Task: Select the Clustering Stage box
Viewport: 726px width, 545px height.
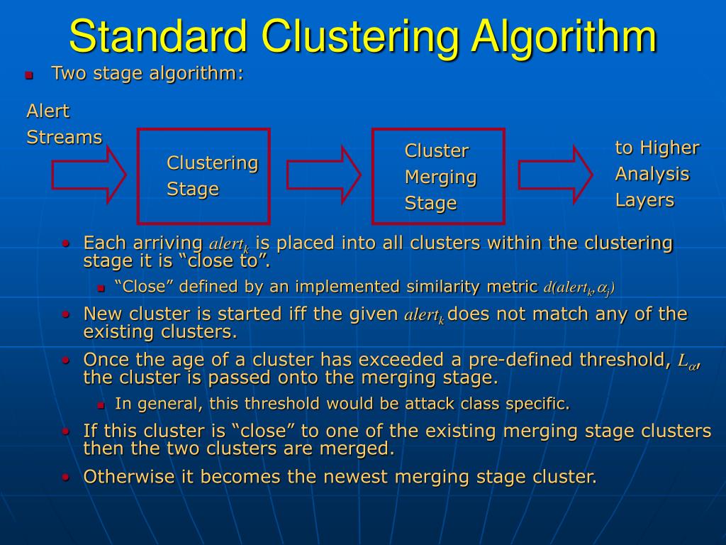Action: [203, 176]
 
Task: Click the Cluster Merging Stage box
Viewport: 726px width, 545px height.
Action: [438, 176]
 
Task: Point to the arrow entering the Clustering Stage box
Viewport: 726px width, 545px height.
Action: [89, 175]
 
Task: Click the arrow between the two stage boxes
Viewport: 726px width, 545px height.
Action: [323, 175]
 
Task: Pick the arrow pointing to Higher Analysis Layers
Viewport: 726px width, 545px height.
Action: [555, 175]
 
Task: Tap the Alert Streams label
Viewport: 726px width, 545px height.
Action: [64, 124]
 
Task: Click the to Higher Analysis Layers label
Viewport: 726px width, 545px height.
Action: [657, 174]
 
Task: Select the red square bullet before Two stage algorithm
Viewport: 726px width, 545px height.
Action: [29, 75]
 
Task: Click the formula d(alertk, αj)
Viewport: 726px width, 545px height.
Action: [579, 287]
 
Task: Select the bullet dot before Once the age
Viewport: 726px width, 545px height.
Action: [65, 360]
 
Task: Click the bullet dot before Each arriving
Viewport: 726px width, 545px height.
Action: [65, 243]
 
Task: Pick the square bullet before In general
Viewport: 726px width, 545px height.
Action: [101, 405]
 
